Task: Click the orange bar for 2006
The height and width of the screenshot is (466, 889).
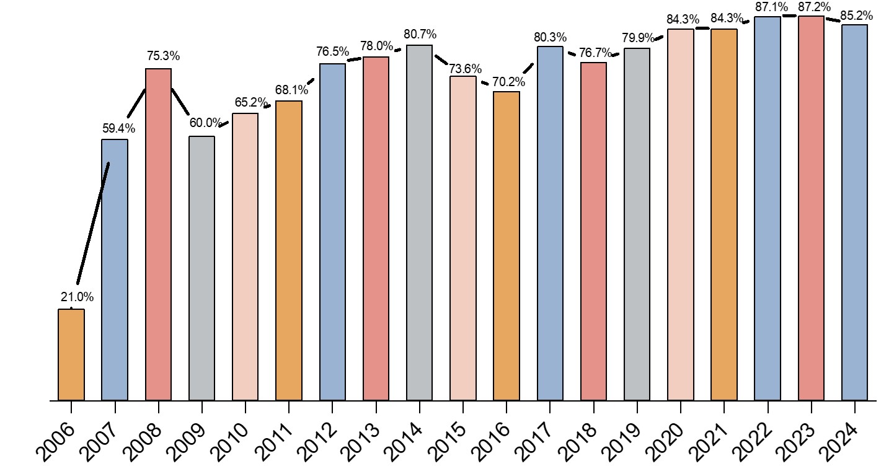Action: click(x=71, y=354)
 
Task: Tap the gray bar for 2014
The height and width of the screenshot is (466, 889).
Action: click(x=420, y=222)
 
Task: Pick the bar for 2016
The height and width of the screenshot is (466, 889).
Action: click(x=506, y=246)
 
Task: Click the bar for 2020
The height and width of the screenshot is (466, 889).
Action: click(x=680, y=214)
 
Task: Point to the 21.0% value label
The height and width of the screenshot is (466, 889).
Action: click(x=77, y=297)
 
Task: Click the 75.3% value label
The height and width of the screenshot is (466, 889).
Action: click(x=164, y=56)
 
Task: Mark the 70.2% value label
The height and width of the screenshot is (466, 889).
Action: click(x=508, y=82)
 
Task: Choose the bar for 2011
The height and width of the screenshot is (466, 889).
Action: click(x=289, y=250)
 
